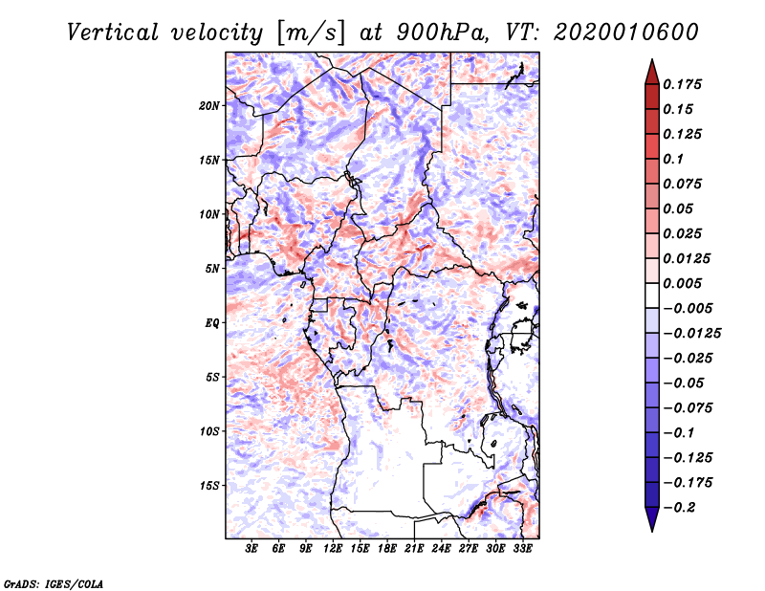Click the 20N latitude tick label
[209, 105]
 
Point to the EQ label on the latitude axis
[211, 323]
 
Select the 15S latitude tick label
[209, 486]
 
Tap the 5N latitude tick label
[212, 269]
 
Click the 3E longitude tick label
[251, 550]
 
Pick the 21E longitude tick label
[415, 550]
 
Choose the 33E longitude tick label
[523, 550]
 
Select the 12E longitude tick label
[333, 550]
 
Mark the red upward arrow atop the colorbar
[651, 70]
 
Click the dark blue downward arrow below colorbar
[651, 519]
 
